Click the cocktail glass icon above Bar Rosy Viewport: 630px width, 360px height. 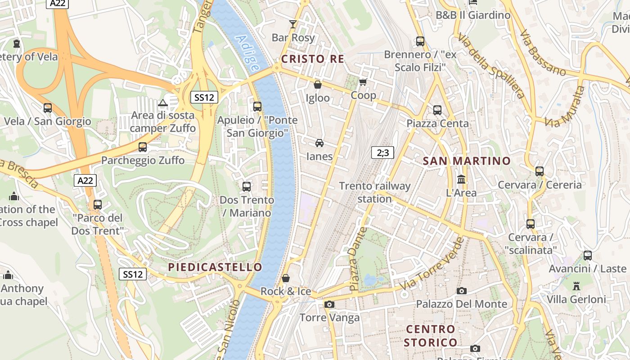tap(293, 24)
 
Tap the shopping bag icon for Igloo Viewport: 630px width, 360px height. tap(317, 85)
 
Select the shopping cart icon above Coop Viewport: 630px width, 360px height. tap(363, 82)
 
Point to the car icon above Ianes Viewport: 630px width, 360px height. tap(319, 143)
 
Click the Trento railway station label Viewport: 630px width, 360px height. tap(375, 192)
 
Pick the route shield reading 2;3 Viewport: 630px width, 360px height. tap(382, 153)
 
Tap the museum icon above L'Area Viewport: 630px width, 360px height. tap(461, 180)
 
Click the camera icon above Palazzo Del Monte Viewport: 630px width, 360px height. tap(461, 291)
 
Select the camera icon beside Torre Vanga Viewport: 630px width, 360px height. tap(329, 305)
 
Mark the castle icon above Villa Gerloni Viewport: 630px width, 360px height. tap(576, 286)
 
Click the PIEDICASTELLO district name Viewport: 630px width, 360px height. tap(215, 267)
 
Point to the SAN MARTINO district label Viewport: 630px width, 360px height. tap(467, 161)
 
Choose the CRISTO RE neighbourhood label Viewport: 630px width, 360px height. tap(313, 59)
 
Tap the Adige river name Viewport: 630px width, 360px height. tap(248, 53)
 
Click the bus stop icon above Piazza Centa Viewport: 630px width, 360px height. tap(437, 110)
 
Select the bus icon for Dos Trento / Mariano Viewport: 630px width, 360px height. tap(247, 186)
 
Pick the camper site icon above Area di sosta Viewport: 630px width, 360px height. tap(163, 103)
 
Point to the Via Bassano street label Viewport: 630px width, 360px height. tap(542, 53)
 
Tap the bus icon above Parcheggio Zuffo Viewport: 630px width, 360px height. tap(143, 147)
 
